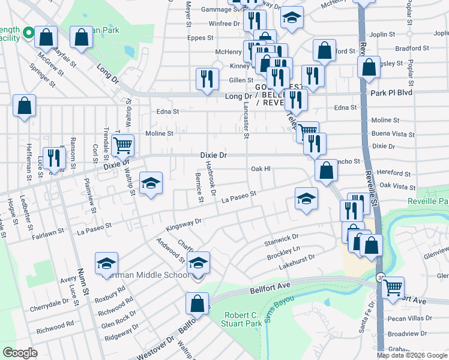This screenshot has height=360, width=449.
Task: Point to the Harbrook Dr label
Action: (210, 178)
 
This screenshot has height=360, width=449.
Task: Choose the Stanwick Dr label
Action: (282, 239)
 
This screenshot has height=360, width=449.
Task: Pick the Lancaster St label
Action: (246, 117)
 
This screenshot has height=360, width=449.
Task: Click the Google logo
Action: (20, 353)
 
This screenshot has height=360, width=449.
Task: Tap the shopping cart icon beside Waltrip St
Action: (122, 145)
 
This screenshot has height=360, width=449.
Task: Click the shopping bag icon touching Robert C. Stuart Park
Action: (197, 304)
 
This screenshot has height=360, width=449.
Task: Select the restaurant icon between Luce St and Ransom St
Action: (55, 158)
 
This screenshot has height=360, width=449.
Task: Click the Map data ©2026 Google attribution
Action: (411, 355)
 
